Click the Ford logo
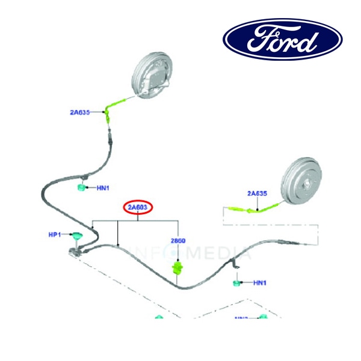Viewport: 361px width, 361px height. (x=283, y=40)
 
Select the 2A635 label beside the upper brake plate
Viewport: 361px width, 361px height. (x=80, y=112)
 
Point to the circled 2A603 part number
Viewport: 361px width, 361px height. (x=139, y=208)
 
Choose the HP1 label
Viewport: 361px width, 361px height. (x=55, y=234)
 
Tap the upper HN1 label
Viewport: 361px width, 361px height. (x=102, y=188)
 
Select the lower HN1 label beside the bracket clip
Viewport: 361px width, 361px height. (x=260, y=282)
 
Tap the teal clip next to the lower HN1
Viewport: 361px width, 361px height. (x=238, y=282)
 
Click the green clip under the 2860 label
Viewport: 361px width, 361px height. (x=177, y=266)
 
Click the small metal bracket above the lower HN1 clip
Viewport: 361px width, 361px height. (x=236, y=264)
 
